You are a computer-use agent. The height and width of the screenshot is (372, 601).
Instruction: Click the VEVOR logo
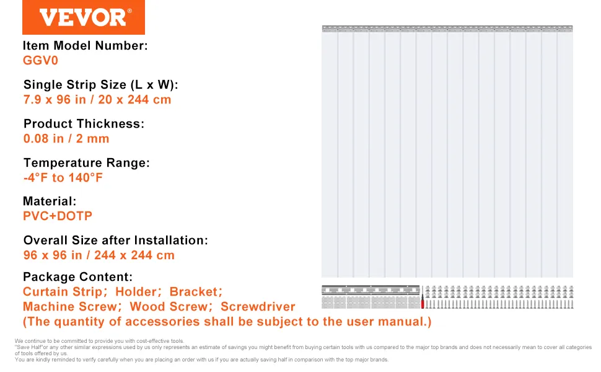pos(84,17)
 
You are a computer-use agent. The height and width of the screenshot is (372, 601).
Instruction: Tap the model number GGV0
pos(40,61)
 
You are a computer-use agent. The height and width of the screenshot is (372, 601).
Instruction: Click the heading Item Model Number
pos(85,46)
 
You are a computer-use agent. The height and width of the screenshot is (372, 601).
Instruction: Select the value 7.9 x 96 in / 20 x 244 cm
pos(97,100)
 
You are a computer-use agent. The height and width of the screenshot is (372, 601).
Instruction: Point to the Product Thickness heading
pos(84,123)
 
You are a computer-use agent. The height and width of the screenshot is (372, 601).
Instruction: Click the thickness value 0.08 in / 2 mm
pos(66,138)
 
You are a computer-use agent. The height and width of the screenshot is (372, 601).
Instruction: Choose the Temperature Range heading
pos(87,162)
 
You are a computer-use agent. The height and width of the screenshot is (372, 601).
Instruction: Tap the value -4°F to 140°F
pos(63,177)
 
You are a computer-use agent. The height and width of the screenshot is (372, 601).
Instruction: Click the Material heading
pos(50,201)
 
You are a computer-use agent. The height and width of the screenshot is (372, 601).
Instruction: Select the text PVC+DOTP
pos(58,216)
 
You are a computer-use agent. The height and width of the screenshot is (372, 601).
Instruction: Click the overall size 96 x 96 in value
pos(99,255)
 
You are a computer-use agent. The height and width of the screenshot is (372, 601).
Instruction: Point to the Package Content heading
pos(78,277)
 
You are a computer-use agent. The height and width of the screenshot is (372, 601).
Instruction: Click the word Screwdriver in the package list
pos(258,307)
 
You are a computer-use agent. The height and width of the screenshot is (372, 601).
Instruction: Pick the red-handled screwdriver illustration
pos(423,297)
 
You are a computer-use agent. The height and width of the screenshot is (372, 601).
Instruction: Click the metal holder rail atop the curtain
pos(447,29)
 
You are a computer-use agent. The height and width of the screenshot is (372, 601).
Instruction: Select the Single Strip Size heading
pos(101,85)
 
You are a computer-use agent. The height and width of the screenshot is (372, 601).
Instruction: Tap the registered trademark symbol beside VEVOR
pos(129,11)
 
